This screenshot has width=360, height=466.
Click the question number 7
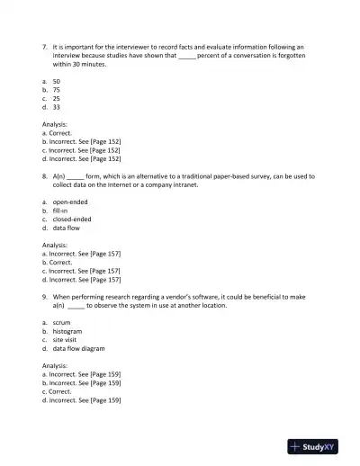[x=45, y=45]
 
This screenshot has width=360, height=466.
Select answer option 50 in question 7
[x=56, y=81]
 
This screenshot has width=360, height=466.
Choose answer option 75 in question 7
[x=56, y=90]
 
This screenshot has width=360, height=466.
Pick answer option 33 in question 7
[x=56, y=107]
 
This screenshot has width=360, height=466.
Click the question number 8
[x=45, y=175]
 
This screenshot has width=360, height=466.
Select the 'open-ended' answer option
[x=70, y=202]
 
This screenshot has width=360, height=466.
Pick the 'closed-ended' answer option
[x=72, y=219]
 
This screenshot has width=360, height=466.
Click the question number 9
[x=45, y=295]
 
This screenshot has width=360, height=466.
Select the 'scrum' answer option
[x=62, y=322]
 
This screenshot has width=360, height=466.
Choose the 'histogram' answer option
[x=67, y=331]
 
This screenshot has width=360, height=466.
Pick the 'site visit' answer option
[x=66, y=339]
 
